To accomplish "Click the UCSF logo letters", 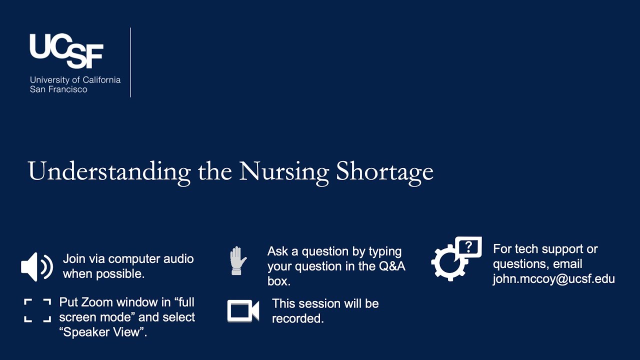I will tap(66, 50).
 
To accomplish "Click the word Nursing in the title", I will tap(283, 171).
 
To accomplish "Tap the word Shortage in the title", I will tap(384, 171).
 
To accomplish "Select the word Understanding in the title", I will tap(109, 171).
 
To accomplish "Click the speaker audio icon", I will tap(36, 266).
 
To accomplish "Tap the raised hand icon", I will tap(238, 260).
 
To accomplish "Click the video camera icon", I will tap(243, 310).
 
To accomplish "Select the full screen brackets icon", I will tap(37, 310).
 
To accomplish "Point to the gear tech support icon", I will tap(448, 262).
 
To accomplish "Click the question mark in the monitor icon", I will tap(468, 246).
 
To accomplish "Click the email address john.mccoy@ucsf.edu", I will tap(553, 279).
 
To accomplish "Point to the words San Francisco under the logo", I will tap(58, 89).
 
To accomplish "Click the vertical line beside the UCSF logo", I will tap(130, 62).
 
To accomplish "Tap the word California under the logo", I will tap(101, 79).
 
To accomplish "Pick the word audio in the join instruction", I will tap(178, 259).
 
